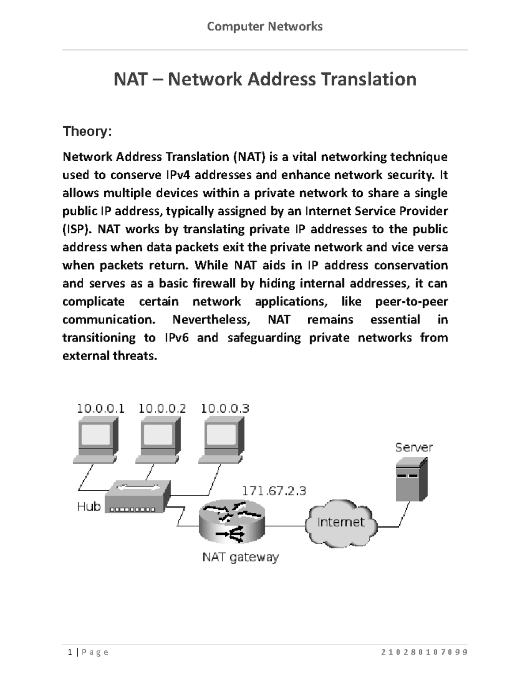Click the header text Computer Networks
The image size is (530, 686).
pyautogui.click(x=265, y=27)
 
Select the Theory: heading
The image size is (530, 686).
pyautogui.click(x=87, y=131)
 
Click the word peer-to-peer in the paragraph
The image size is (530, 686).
pyautogui.click(x=411, y=302)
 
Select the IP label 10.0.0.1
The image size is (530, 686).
pyautogui.click(x=101, y=409)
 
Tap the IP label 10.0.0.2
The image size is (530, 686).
pyautogui.click(x=162, y=409)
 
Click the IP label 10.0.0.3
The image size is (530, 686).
pyautogui.click(x=225, y=409)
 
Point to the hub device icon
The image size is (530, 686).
pyautogui.click(x=138, y=496)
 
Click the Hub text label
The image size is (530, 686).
pyautogui.click(x=89, y=506)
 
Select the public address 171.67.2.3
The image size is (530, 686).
pyautogui.click(x=273, y=491)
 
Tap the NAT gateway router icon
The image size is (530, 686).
pyautogui.click(x=232, y=523)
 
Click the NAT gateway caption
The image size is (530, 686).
pyautogui.click(x=240, y=557)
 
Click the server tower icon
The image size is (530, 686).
pyautogui.click(x=411, y=479)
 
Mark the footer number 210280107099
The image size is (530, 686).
pyautogui.click(x=424, y=652)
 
